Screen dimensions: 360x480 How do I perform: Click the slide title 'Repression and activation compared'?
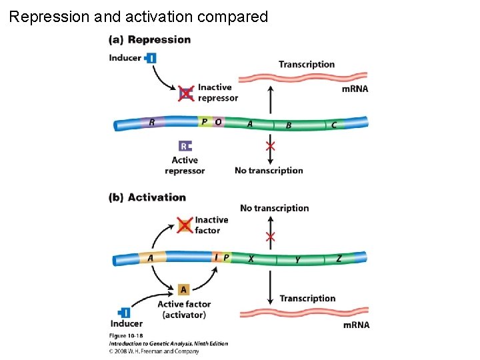139,17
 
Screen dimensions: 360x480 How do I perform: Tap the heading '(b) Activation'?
147,197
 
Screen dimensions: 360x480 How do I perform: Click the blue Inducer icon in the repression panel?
151,58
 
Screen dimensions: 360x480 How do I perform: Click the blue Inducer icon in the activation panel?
124,313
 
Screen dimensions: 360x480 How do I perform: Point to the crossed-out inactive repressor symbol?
186,93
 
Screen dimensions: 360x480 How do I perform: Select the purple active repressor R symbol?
185,146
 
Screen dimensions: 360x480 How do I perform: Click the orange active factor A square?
184,289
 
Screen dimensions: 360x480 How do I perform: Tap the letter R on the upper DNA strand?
152,122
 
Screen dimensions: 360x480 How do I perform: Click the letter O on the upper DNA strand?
218,122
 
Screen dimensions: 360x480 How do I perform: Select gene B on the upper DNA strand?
289,125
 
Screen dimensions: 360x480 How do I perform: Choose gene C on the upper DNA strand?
334,125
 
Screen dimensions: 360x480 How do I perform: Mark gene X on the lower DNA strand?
251,259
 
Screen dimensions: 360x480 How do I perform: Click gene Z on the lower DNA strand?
339,259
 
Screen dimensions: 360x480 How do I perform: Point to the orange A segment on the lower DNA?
151,258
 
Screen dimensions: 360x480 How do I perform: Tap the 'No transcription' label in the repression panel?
269,171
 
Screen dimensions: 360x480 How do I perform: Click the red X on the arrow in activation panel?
270,237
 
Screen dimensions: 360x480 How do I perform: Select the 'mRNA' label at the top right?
355,89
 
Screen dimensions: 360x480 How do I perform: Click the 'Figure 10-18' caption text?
126,335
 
